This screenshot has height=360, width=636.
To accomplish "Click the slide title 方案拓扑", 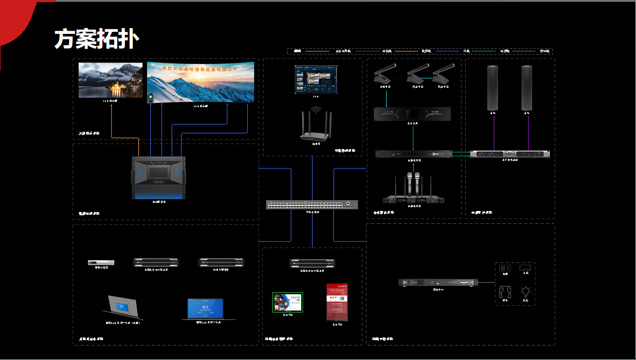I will (97, 39).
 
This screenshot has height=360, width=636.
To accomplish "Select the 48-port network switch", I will (312, 204).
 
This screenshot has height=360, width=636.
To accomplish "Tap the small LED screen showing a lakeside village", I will (110, 80).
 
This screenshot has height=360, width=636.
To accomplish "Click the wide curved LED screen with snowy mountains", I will (200, 82).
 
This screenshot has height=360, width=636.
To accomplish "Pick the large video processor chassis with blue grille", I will (158, 177).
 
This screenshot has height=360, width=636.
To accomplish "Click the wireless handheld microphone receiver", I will (414, 191).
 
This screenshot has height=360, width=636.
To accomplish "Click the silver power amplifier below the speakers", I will (509, 154).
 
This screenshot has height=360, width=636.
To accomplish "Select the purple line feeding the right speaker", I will (528, 132).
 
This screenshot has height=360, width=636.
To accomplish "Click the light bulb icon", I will (526, 292).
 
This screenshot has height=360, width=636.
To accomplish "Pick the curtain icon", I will (505, 292).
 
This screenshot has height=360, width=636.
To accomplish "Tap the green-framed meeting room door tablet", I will (288, 302).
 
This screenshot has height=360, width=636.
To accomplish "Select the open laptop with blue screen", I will (205, 308).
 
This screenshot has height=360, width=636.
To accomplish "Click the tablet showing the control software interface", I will (316, 79).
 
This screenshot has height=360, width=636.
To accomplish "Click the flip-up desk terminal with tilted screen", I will (123, 307).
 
